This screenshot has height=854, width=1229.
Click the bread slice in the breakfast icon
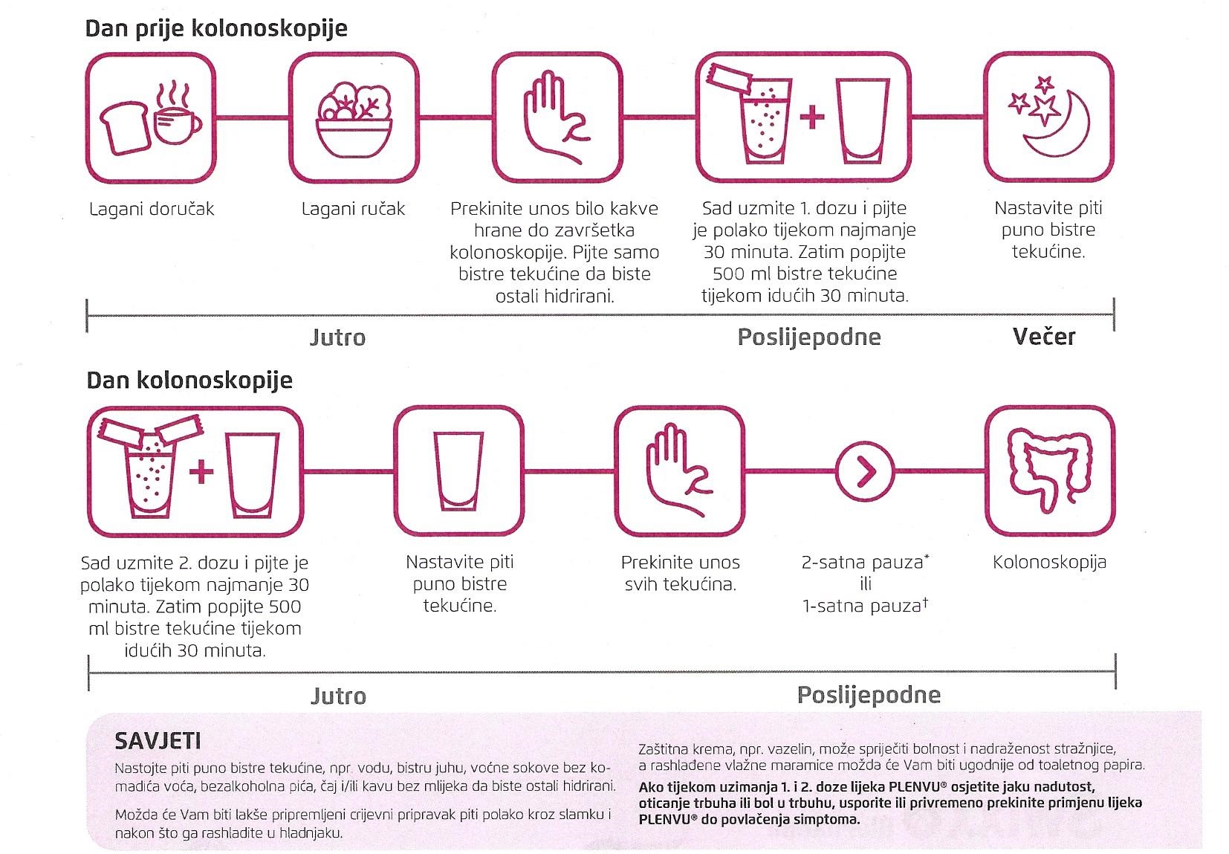[125, 129]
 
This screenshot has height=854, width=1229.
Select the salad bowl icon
[354, 120]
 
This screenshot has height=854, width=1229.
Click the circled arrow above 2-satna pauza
[865, 471]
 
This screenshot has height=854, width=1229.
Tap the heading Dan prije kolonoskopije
[216, 28]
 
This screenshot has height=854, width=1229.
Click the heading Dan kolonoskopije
[189, 381]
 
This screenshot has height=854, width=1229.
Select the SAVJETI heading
[158, 742]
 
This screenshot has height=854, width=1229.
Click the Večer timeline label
[1044, 337]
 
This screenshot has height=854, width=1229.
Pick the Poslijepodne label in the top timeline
[809, 337]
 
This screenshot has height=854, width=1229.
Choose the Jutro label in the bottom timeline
[339, 696]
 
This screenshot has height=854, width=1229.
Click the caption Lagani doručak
[152, 209]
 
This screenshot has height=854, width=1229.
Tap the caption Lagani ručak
[354, 209]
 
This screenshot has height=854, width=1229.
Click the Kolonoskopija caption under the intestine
[1050, 562]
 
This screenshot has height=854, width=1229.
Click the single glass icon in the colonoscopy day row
[458, 471]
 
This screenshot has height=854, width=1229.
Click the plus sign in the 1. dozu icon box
[812, 117]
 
